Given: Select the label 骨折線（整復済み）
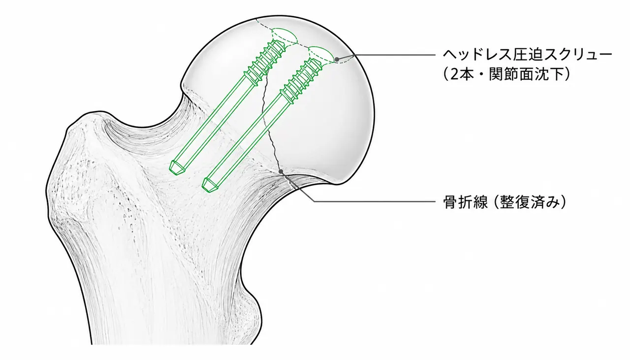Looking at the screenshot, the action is (x=504, y=201).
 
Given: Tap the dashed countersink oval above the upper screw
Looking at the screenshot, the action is (x=284, y=36).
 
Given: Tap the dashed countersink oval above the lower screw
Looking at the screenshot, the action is (x=322, y=54).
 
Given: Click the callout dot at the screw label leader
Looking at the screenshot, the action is (x=337, y=60).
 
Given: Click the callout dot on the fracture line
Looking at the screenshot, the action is (x=281, y=171).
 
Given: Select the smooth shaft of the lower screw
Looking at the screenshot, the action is (x=246, y=141).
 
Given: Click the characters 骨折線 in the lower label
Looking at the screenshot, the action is (x=466, y=201).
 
